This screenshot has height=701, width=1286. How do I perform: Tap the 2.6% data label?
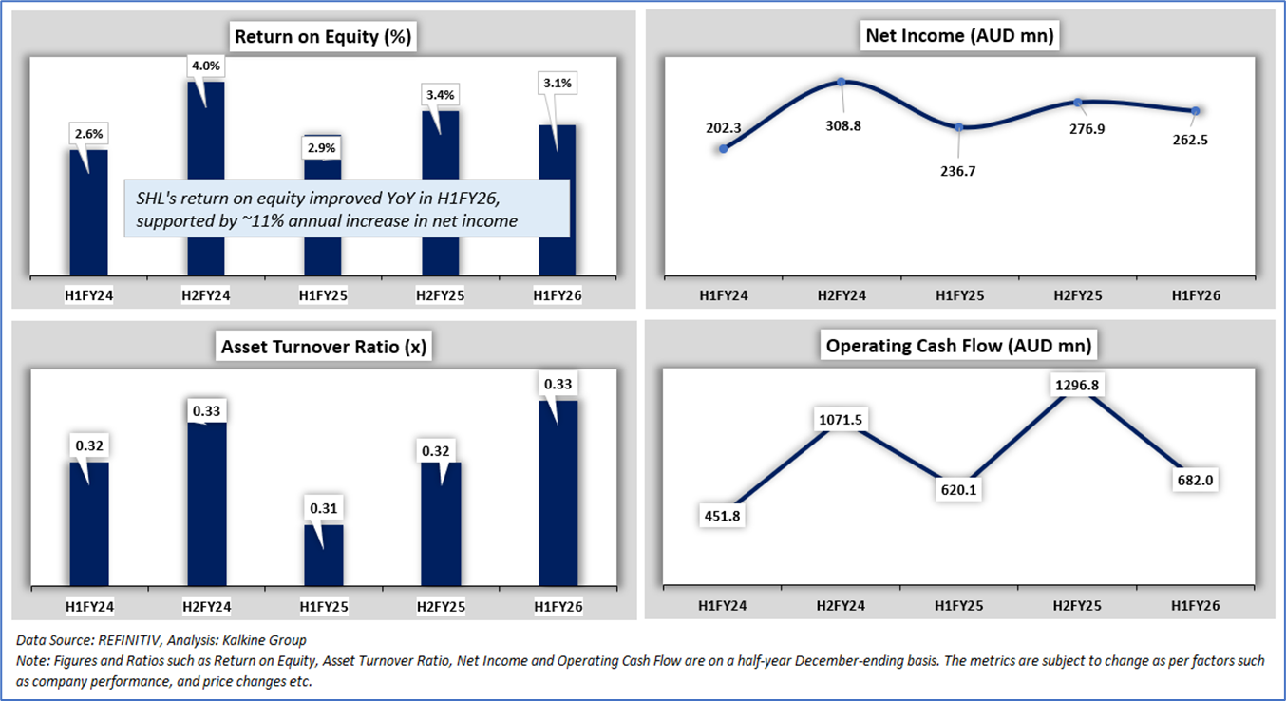pos(88,135)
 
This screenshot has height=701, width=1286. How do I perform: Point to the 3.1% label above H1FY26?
pos(558,84)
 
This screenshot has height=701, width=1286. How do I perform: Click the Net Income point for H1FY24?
pos(724,148)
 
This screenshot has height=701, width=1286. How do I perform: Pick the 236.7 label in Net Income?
pos(960,171)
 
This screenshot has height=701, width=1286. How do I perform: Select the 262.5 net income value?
pos(1196,140)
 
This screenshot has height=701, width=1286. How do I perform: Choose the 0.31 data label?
pos(324,508)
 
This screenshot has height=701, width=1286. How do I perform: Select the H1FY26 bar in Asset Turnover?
pos(558,494)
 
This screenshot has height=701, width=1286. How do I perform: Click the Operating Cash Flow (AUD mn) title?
pos(959,346)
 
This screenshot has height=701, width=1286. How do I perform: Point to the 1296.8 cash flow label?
pos(1077,385)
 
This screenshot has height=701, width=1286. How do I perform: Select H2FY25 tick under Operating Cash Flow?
pos(1078,605)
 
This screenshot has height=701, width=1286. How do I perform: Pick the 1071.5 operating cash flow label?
pos(842,419)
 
